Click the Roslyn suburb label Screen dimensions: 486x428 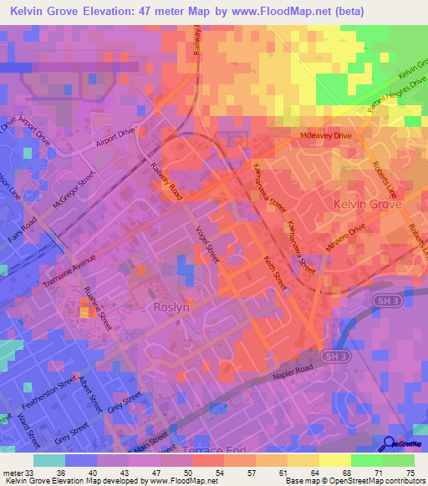(174, 306)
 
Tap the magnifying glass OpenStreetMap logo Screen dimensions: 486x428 (390, 444)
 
